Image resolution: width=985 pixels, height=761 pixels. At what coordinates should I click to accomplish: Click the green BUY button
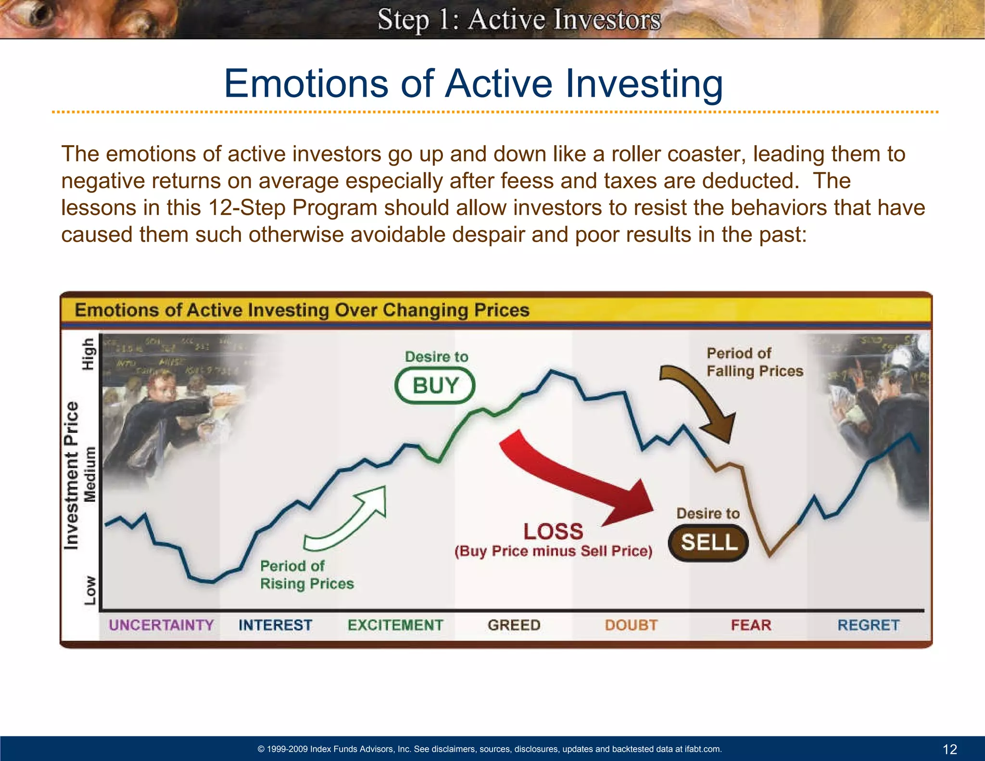pos(435,386)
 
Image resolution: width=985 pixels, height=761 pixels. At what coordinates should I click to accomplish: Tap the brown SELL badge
pos(708,543)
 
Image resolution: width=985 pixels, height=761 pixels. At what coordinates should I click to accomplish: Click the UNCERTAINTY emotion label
pos(161,625)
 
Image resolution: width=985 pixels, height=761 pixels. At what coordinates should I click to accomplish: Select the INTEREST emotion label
pos(275,625)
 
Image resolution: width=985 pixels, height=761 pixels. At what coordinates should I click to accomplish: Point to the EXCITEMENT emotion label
pos(395,625)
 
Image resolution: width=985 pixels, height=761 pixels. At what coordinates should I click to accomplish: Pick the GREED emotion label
pos(514,625)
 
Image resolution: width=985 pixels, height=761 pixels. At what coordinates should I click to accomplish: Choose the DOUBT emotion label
pos(631,625)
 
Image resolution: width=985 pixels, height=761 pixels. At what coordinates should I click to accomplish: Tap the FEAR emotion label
pos(751,625)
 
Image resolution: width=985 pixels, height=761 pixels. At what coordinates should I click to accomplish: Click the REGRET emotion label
pos(868,625)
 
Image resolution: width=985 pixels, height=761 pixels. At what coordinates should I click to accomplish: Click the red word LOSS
pos(553,532)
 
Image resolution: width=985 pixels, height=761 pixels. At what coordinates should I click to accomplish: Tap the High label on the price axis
pos(88,354)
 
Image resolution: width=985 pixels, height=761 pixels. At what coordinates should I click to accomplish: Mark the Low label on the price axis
pos(90,590)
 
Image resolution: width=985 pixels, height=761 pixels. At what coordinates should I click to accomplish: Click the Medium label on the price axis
pos(90,474)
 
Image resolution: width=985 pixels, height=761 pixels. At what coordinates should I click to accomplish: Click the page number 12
pos(949,749)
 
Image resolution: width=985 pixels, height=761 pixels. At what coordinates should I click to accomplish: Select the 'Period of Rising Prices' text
pos(306,575)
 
